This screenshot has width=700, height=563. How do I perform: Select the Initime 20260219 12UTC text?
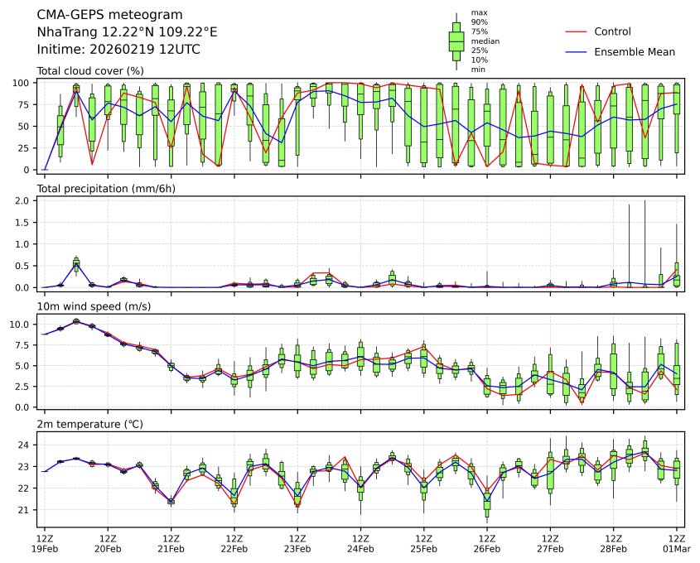[118, 50]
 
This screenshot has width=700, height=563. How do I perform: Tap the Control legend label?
[612, 31]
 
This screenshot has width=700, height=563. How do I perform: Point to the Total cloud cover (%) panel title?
[90, 71]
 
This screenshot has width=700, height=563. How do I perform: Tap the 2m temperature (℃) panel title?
[89, 425]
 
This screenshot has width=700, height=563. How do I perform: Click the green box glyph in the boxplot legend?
[456, 41]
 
